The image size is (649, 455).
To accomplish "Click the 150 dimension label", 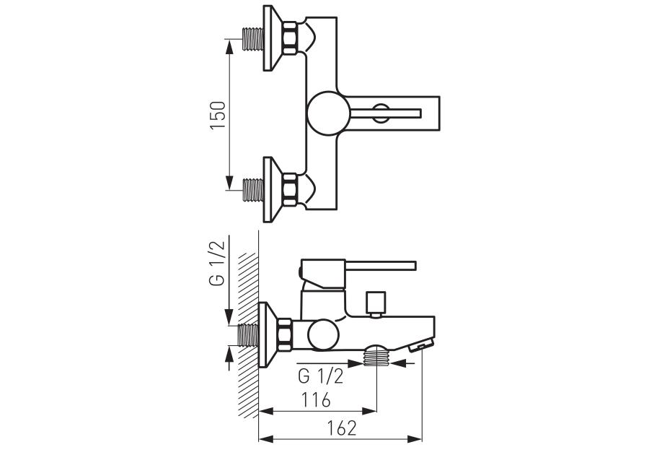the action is pyautogui.click(x=218, y=114).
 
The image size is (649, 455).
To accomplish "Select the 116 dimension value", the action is pyautogui.click(x=317, y=400).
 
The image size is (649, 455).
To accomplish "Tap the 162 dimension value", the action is pyautogui.click(x=342, y=428).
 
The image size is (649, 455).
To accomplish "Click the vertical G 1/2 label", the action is pyautogui.click(x=217, y=263).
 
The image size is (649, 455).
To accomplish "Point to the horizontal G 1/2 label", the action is pyautogui.click(x=320, y=376).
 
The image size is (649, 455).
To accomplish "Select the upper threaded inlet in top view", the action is pyautogui.click(x=253, y=39).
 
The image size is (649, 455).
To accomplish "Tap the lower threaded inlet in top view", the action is pyautogui.click(x=253, y=190).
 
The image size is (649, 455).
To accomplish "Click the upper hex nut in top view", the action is pyautogui.click(x=290, y=38).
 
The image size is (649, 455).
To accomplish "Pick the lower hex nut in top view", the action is pyautogui.click(x=290, y=189).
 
